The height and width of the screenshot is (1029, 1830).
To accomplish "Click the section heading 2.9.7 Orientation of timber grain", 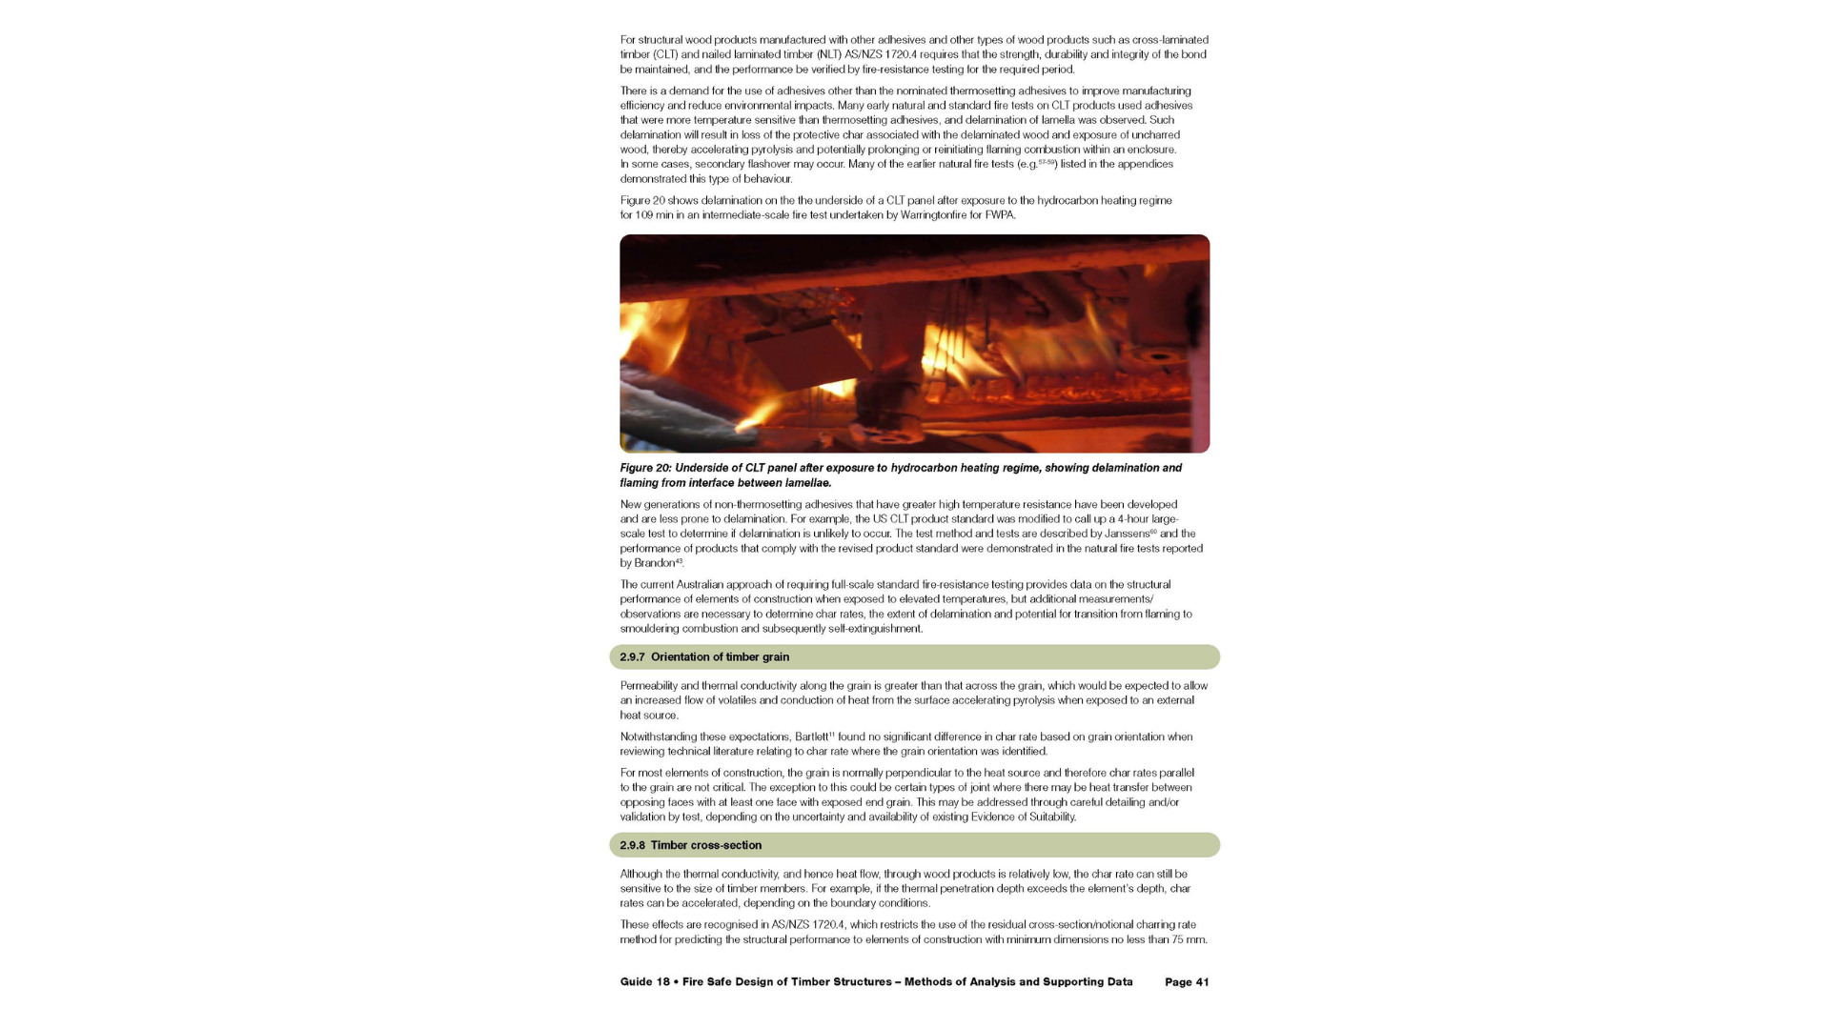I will [704, 657].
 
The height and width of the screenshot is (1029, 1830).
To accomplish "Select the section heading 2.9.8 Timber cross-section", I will [690, 846].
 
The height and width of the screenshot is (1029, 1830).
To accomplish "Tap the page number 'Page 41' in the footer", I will [1186, 982].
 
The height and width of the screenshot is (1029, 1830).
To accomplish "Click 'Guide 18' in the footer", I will [644, 982].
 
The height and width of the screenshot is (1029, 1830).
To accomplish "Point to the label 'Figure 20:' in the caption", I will [645, 469].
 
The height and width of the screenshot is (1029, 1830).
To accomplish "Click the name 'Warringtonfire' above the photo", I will [933, 215].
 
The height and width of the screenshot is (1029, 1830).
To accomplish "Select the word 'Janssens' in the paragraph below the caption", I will [1126, 535].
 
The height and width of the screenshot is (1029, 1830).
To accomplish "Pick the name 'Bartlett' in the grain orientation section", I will [811, 737].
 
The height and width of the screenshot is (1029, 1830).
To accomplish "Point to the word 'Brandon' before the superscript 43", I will [654, 563].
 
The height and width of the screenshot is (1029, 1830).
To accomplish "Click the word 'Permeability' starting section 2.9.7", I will [648, 686].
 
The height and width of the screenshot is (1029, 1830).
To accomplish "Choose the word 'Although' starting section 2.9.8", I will [640, 875].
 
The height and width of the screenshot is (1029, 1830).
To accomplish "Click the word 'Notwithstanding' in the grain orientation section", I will [659, 737].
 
